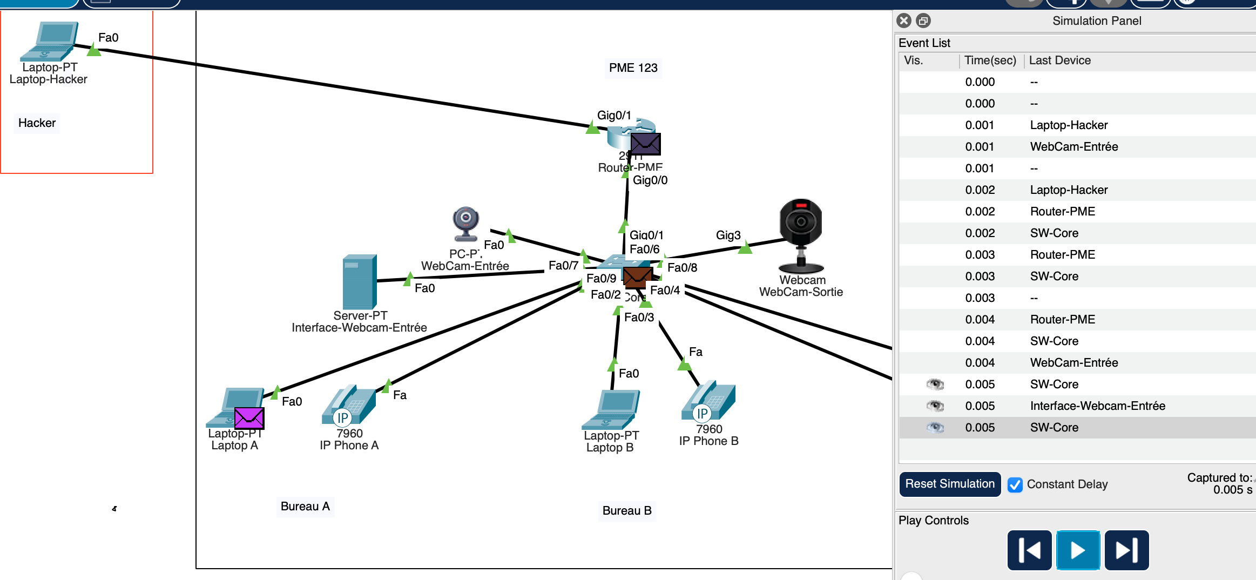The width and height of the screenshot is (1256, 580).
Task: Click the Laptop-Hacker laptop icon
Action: (50, 41)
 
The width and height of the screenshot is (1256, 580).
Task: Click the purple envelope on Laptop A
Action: (249, 418)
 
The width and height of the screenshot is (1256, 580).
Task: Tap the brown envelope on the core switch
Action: (637, 276)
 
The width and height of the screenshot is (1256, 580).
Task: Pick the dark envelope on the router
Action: (645, 144)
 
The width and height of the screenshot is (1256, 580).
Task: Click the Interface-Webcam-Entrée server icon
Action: (360, 281)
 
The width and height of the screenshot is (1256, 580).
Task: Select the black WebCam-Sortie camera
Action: (801, 235)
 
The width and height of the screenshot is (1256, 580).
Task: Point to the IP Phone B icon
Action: (708, 401)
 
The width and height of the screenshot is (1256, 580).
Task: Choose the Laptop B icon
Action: (611, 409)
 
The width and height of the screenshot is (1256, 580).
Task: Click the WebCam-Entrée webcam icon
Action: (466, 223)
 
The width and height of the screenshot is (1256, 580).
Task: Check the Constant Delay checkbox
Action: (1015, 484)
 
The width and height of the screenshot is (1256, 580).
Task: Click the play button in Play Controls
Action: (1078, 550)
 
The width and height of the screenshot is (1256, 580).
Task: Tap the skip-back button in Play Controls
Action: (1029, 550)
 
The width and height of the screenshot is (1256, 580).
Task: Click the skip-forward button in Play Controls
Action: (1126, 550)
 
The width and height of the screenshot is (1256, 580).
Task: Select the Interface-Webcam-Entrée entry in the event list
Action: (1097, 406)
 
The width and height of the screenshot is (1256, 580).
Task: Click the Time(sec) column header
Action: (990, 60)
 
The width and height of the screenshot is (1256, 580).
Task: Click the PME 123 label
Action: (633, 68)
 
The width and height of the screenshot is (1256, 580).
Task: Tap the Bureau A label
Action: (305, 507)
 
